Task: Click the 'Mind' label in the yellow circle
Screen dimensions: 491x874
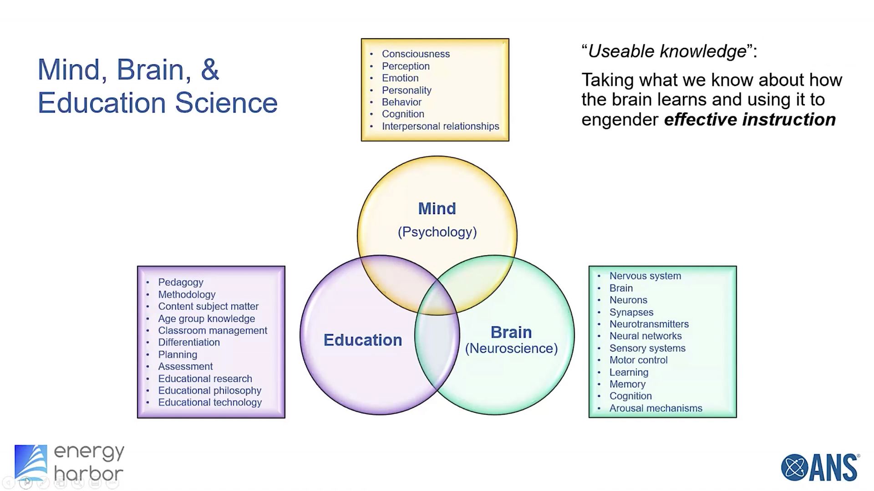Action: [x=437, y=208]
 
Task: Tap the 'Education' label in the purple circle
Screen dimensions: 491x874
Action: [x=362, y=340]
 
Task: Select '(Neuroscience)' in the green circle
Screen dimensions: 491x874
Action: [x=511, y=349]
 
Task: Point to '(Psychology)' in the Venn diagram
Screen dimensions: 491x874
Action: [x=437, y=232]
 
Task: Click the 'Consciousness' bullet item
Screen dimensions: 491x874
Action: [x=416, y=54]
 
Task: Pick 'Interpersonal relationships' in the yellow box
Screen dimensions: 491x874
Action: [x=440, y=126]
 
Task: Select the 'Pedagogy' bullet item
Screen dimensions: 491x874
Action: [x=181, y=282]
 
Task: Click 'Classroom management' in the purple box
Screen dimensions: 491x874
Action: [x=213, y=330]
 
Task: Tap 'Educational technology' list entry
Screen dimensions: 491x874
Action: [x=210, y=402]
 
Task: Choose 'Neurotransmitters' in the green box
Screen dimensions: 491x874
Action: [x=649, y=324]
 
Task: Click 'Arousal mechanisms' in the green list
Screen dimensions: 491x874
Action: [x=655, y=408]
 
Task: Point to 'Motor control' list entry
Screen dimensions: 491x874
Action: [x=638, y=360]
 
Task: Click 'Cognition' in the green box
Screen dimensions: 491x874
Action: [x=630, y=396]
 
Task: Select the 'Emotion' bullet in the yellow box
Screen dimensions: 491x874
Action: [x=400, y=78]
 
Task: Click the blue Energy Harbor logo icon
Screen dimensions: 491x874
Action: [x=30, y=462]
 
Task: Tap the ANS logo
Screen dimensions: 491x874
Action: [x=820, y=467]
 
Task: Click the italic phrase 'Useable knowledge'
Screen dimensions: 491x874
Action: [x=667, y=51]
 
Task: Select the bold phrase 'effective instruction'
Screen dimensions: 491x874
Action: [x=750, y=120]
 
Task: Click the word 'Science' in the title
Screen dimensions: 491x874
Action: [x=226, y=103]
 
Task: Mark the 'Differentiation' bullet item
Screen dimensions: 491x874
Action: [x=189, y=342]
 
